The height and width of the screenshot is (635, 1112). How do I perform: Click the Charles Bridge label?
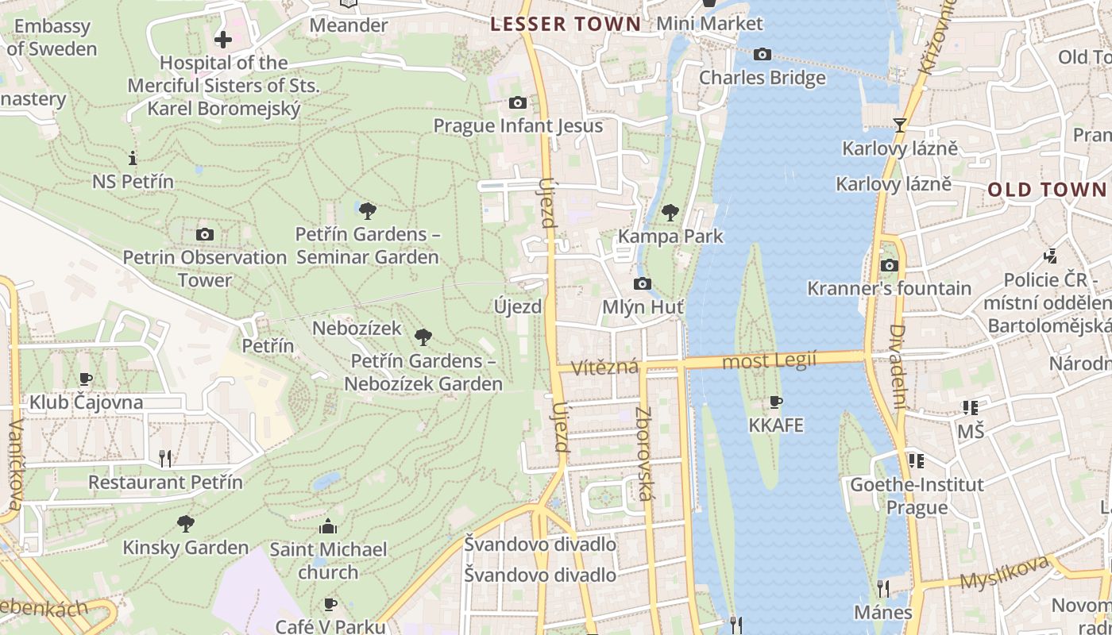(x=762, y=78)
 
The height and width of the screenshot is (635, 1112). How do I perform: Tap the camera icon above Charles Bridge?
(x=763, y=54)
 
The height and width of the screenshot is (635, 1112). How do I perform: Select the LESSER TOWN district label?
(x=565, y=24)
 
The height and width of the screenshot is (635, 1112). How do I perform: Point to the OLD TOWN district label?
(x=1047, y=190)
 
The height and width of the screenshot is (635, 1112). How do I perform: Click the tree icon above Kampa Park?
(x=670, y=212)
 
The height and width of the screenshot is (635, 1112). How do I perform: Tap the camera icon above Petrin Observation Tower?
(x=205, y=234)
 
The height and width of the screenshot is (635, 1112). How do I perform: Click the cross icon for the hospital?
(x=223, y=38)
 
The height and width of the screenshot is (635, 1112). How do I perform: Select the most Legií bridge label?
(x=769, y=361)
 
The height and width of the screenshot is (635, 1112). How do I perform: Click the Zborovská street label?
(x=644, y=454)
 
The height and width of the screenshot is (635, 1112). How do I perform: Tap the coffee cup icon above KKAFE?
(x=776, y=402)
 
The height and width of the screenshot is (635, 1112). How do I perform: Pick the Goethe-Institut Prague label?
(x=917, y=495)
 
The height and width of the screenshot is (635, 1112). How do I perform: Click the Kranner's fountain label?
(x=889, y=288)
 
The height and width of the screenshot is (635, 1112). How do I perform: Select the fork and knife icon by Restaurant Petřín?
(x=165, y=458)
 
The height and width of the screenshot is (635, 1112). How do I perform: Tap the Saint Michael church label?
(x=328, y=560)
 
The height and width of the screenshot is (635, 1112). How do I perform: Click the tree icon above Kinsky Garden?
(x=186, y=524)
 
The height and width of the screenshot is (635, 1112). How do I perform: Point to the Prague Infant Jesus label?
(x=518, y=126)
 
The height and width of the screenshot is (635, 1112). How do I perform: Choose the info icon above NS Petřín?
(x=133, y=158)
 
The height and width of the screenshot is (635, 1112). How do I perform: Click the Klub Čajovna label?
(x=87, y=402)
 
